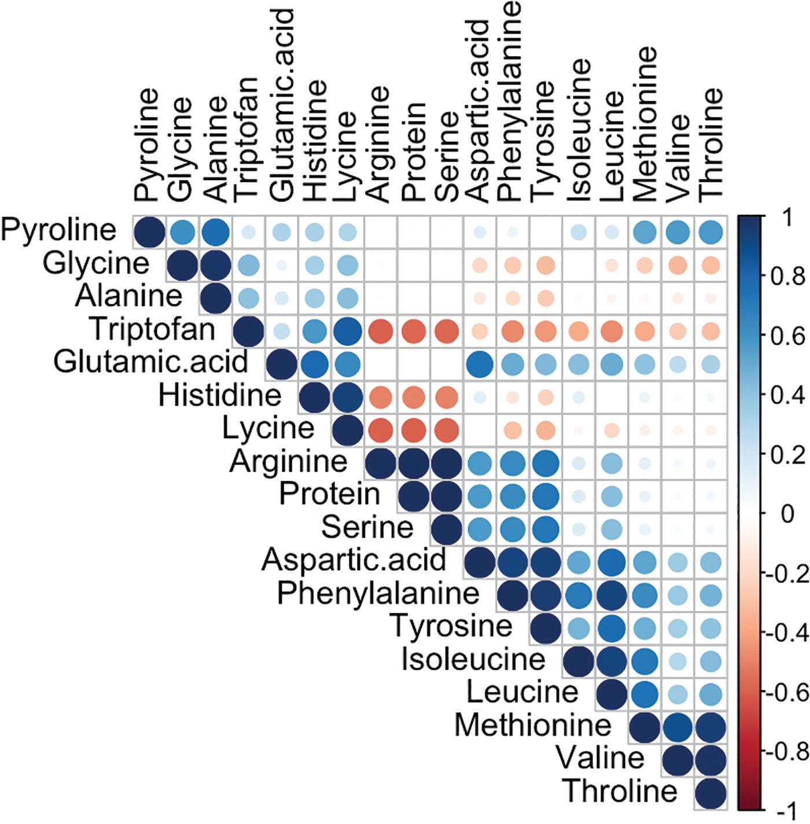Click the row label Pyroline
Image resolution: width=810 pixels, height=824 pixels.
pos(58,230)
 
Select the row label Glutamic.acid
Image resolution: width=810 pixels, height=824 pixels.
pos(150,363)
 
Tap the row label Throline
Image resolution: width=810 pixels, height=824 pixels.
pos(620,791)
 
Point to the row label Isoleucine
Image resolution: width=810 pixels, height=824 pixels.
pos(473,659)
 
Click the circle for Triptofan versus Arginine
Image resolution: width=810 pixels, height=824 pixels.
pos(380,330)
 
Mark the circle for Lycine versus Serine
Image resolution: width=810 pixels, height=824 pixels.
pos(446,430)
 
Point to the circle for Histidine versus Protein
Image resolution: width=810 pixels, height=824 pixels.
pos(413,397)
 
